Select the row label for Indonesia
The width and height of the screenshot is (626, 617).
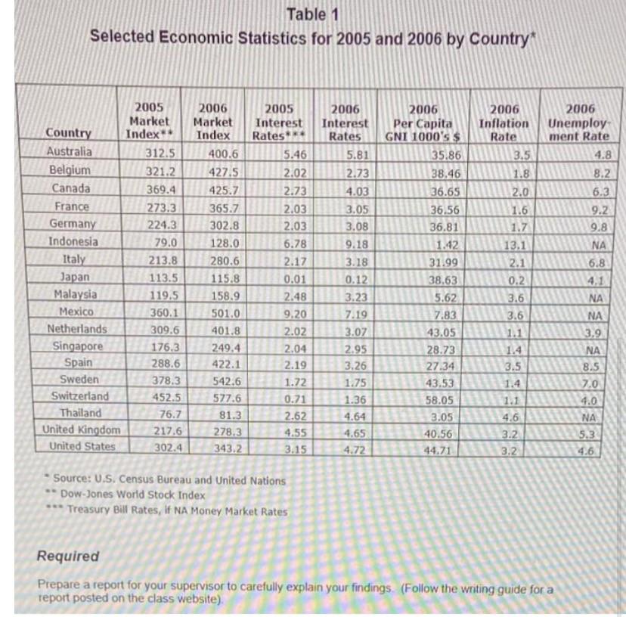(73, 242)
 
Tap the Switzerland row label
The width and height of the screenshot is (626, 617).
(79, 396)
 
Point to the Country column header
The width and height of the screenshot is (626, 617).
(69, 135)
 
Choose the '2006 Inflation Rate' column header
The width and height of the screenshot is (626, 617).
(504, 122)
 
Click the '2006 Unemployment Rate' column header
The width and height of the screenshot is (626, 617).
(578, 122)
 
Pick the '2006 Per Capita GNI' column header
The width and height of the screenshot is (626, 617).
(428, 122)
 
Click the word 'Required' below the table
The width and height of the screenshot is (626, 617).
(68, 556)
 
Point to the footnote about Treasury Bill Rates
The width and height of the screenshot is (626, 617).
(178, 510)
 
